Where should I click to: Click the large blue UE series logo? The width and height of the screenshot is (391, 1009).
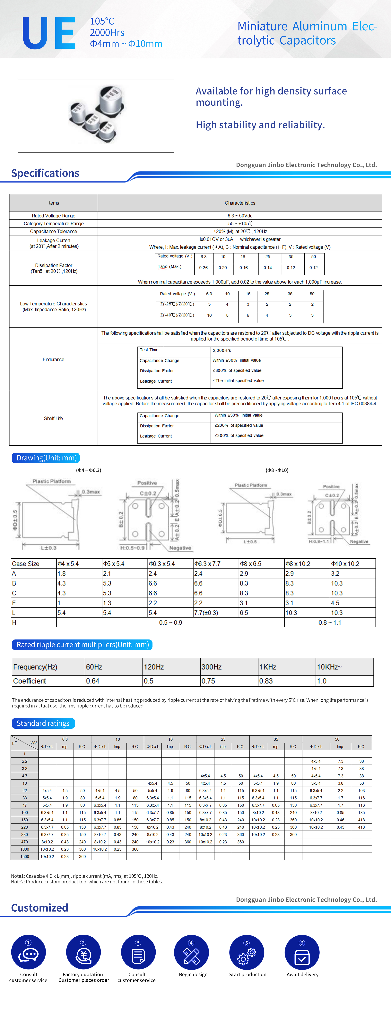[48, 33]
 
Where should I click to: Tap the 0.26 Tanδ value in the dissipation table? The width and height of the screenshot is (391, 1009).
[204, 268]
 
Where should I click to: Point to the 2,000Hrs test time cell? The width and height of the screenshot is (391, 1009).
[222, 351]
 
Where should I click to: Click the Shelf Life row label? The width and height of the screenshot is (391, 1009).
[53, 418]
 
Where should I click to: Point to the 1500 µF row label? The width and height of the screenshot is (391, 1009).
[25, 857]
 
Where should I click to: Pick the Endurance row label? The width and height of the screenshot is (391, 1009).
[53, 360]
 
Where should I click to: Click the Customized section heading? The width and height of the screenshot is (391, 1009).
[39, 908]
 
